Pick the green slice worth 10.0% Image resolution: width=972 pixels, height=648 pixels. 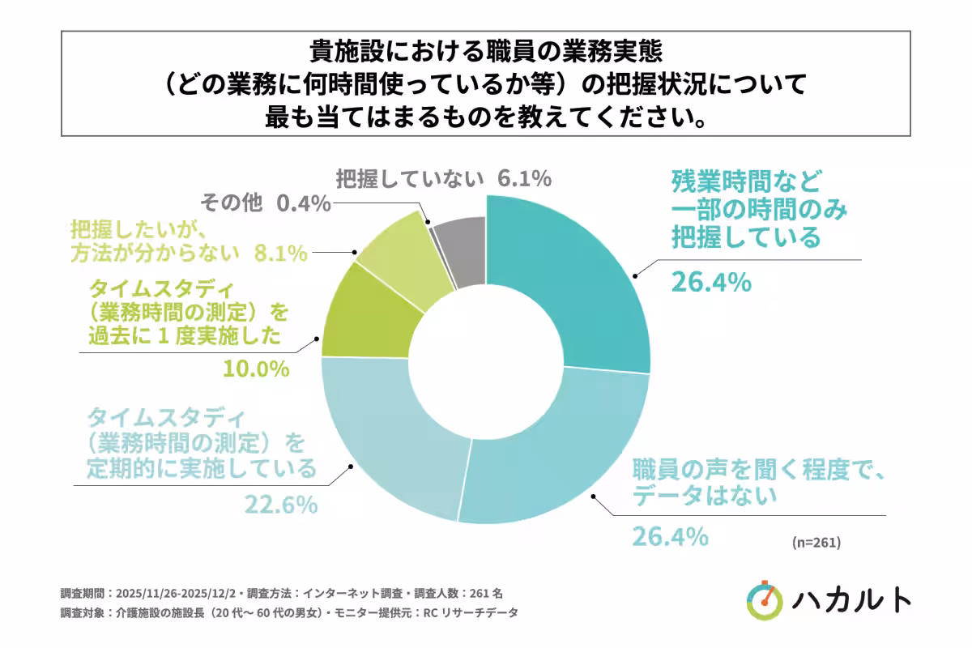coord(364,316)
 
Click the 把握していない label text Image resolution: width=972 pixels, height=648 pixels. coord(410,177)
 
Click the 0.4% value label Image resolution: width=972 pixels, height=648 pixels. coord(304,203)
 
